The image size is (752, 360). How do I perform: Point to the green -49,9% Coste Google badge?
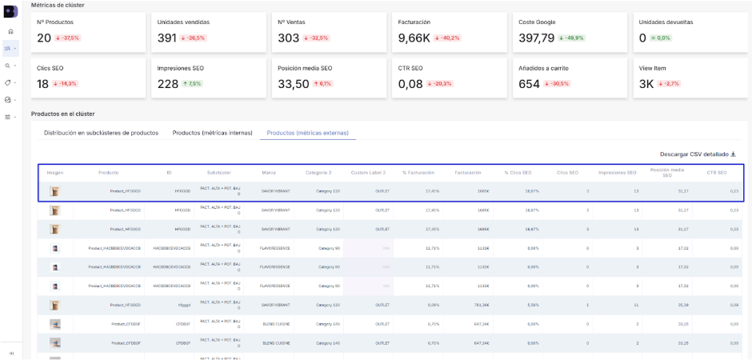(573, 38)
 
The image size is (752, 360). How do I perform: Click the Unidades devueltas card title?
(666, 22)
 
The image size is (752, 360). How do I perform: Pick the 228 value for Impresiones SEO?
(168, 83)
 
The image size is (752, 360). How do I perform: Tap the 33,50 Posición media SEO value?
(293, 83)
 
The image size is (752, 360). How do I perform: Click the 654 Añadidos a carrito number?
(530, 83)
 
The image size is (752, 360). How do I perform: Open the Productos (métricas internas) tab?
(209, 133)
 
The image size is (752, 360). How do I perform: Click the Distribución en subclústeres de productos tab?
(101, 133)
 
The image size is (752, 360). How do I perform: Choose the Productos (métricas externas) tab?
(307, 133)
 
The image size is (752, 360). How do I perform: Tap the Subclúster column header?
(218, 172)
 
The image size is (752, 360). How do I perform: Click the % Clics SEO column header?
(518, 172)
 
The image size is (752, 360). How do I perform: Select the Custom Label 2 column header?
(368, 172)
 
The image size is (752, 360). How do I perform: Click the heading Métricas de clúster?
(58, 5)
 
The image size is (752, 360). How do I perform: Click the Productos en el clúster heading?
(62, 114)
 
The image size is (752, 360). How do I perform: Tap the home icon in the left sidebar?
(10, 31)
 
